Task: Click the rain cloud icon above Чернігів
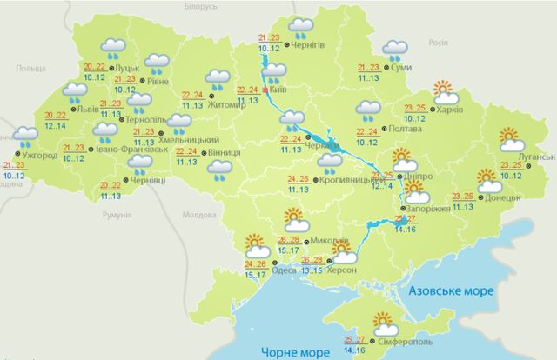pos(300,26)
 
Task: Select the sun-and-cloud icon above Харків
pos(445,90)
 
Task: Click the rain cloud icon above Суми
pos(396,49)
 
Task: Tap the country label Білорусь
pos(200,6)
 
